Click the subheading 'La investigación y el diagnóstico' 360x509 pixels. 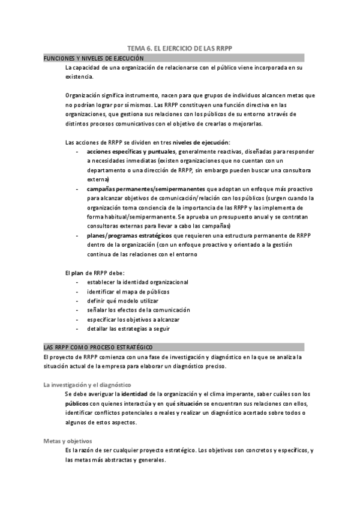pyautogui.click(x=88, y=384)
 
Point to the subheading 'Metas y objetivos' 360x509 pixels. pyautogui.click(x=67, y=441)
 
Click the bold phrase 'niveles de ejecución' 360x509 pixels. pyautogui.click(x=200, y=142)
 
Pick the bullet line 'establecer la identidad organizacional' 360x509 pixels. pyautogui.click(x=137, y=282)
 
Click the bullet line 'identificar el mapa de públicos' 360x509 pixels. pyautogui.click(x=128, y=292)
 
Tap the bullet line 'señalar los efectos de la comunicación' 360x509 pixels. pyautogui.click(x=138, y=310)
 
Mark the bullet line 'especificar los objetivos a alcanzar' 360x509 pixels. pyautogui.click(x=133, y=319)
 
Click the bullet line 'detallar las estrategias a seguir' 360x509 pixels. pyautogui.click(x=128, y=329)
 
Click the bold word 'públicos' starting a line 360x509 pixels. pyautogui.click(x=77, y=403)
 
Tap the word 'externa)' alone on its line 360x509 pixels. pyautogui.click(x=98, y=179)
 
